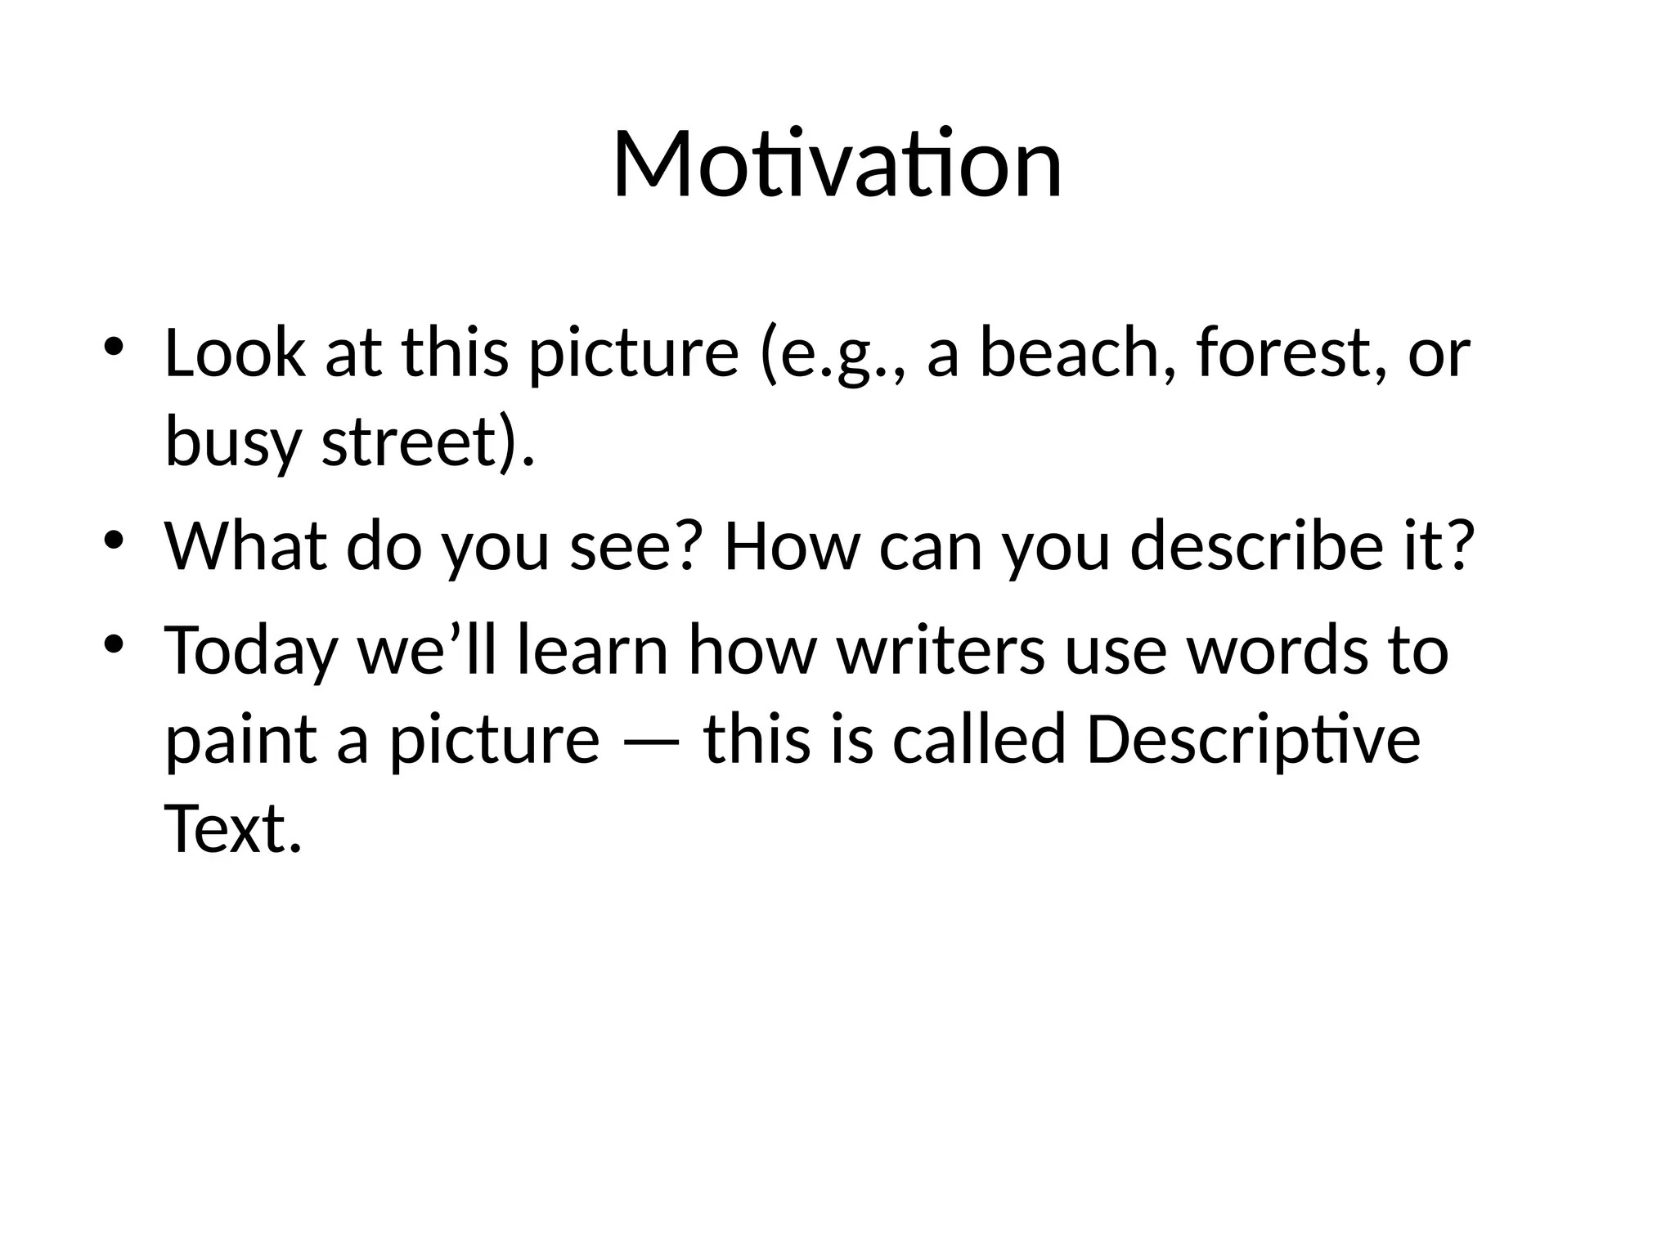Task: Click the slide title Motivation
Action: coord(837,165)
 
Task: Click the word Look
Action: coord(235,353)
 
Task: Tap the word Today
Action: coord(251,651)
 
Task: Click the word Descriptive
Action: coord(1252,739)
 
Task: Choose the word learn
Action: coord(592,651)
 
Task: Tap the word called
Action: coord(979,739)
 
